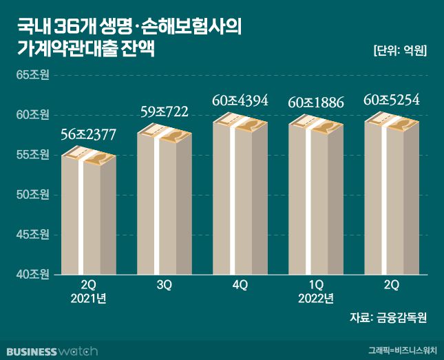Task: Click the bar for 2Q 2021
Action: [88, 215]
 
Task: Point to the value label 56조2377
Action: [89, 134]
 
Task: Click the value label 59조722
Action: [165, 111]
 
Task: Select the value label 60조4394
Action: [240, 100]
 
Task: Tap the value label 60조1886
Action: [315, 103]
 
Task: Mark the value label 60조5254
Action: [391, 100]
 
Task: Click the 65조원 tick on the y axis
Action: [32, 75]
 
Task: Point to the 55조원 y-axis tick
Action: [32, 155]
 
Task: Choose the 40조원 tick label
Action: [32, 275]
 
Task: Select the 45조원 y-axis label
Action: [32, 235]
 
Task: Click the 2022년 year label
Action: [315, 299]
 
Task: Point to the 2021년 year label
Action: [89, 299]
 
